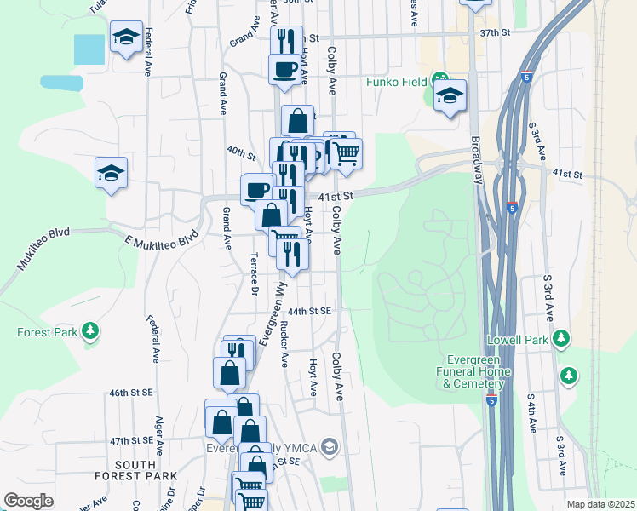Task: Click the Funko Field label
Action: [x=395, y=83]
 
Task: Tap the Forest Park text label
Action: [x=46, y=332]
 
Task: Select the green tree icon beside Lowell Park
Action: [x=560, y=339]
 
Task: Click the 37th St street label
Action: [x=494, y=32]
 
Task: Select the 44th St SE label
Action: [x=308, y=312]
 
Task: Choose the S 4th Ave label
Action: [x=531, y=413]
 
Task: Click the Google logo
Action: [x=28, y=501]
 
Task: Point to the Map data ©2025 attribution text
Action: [x=600, y=504]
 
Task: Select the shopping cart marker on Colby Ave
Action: [x=345, y=153]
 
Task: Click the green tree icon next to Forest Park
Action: [x=89, y=331]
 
